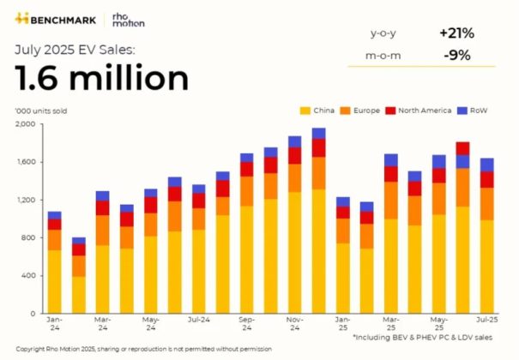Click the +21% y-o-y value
pyautogui.click(x=456, y=33)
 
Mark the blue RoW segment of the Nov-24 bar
pyautogui.click(x=294, y=141)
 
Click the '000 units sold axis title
pyautogui.click(x=41, y=111)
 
